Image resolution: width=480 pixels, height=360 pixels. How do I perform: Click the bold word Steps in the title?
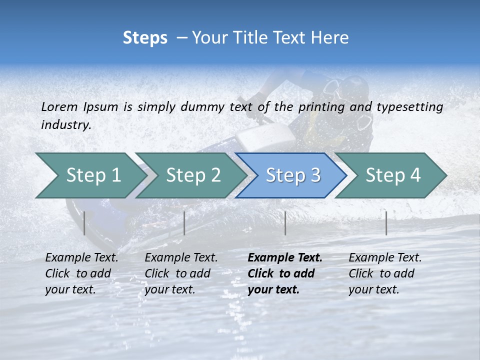[x=145, y=38]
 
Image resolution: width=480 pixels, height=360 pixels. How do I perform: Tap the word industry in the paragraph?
[x=65, y=124]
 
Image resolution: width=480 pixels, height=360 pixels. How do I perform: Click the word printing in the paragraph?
[x=317, y=106]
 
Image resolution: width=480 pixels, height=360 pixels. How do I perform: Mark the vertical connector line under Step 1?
[x=84, y=223]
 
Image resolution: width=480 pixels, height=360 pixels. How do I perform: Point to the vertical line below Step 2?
[x=184, y=223]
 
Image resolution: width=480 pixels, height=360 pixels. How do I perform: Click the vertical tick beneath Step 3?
[x=285, y=223]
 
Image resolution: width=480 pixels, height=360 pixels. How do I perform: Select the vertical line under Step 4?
[x=386, y=223]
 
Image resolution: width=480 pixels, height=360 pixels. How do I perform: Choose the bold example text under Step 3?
[x=284, y=273]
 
